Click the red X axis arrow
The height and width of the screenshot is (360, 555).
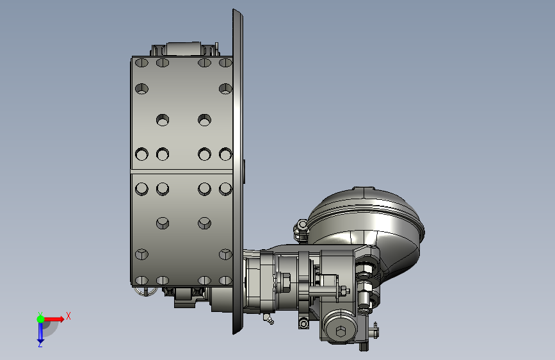tap(54, 319)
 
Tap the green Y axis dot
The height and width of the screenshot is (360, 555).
tap(40, 319)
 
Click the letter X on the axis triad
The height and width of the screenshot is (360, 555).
tap(68, 316)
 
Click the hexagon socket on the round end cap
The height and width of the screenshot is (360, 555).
tap(341, 332)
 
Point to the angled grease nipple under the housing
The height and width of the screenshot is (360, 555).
tap(268, 319)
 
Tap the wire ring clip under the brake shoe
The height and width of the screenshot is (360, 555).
tap(145, 291)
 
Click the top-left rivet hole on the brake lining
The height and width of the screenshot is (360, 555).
tap(141, 63)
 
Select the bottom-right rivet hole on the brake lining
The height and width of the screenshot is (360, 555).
tap(225, 281)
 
